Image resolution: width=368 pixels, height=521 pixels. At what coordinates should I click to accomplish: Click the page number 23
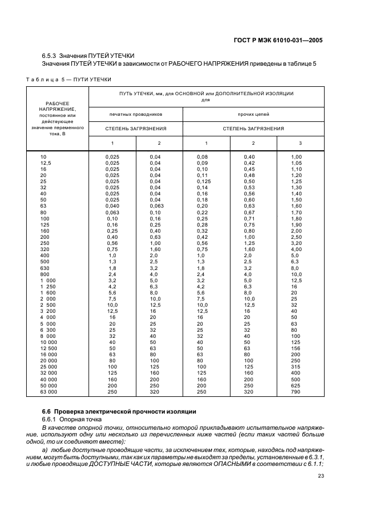[321, 475]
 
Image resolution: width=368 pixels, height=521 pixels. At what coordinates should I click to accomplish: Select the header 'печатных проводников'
[136, 114]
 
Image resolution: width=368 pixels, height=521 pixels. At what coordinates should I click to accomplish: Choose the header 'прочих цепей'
[253, 114]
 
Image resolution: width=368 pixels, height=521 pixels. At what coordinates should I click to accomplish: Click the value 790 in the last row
[295, 392]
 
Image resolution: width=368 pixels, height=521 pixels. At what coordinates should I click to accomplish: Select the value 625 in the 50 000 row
[295, 385]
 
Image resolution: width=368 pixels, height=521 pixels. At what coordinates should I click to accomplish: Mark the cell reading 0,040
[112, 205]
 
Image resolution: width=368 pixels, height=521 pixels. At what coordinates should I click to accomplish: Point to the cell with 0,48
[249, 175]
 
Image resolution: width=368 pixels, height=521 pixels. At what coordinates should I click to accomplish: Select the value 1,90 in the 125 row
[296, 224]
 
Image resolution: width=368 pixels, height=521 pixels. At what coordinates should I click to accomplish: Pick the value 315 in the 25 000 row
[295, 366]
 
